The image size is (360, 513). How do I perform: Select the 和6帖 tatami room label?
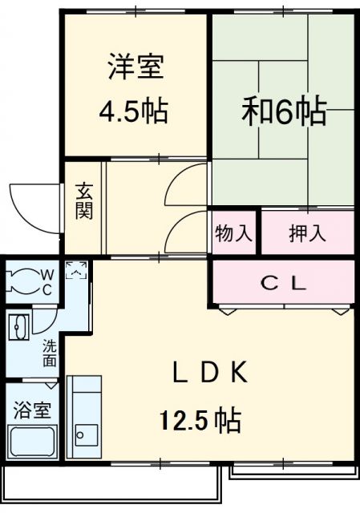tap(284, 111)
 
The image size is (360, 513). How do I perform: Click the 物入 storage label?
tap(233, 234)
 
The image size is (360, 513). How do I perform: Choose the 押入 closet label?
tap(307, 234)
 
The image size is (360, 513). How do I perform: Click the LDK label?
tap(211, 372)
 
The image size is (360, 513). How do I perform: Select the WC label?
tap(45, 281)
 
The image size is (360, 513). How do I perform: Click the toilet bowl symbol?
tap(19, 281)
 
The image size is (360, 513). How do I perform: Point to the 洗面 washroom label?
tap(50, 353)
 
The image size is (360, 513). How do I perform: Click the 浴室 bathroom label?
tap(31, 410)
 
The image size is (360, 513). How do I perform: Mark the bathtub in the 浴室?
tap(31, 442)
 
